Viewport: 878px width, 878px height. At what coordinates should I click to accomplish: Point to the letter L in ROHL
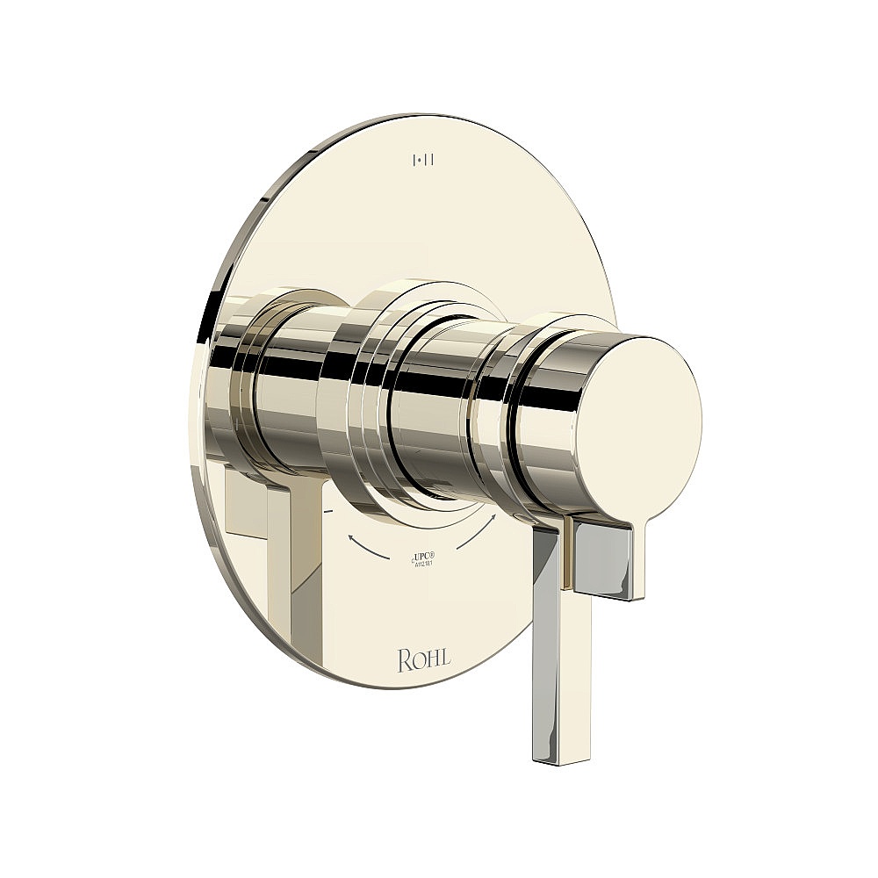coord(448,658)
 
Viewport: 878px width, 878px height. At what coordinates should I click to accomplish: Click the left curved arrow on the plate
coord(369,548)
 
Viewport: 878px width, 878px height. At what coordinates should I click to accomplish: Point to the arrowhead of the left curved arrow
coord(351,535)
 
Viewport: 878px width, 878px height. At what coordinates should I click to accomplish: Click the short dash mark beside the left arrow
coord(327,510)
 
